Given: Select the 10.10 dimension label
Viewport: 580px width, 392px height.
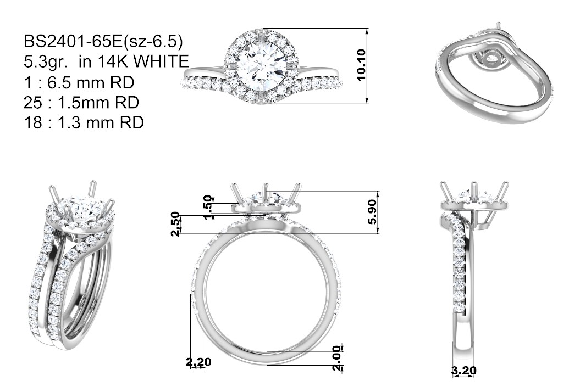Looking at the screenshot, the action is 361,65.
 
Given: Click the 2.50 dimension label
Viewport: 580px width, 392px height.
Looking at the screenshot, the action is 175,224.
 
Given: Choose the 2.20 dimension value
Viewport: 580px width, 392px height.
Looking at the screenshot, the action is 198,362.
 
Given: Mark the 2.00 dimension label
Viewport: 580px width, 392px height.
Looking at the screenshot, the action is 336,357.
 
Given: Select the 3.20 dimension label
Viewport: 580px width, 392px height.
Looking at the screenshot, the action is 464,370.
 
